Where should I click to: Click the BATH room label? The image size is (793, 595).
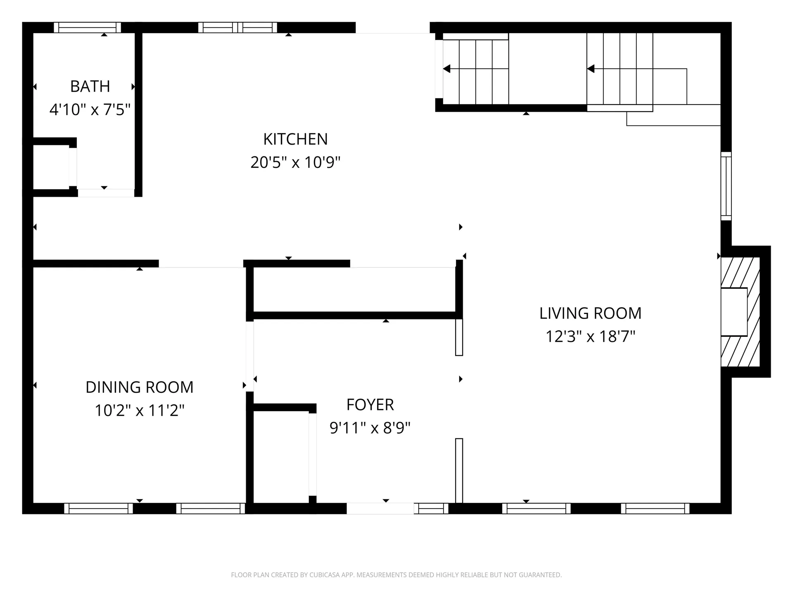90,87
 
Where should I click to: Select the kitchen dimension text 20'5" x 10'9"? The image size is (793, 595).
295,162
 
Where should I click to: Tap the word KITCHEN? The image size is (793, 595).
295,139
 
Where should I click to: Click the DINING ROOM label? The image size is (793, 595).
140,388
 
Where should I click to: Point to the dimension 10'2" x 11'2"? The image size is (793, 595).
140,411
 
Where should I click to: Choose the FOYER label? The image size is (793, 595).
370,405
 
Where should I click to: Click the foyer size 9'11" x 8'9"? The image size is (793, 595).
370,428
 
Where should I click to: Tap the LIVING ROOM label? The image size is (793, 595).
590,314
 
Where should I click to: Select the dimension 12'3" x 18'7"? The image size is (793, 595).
590,337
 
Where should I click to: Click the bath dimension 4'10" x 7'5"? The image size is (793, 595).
90,110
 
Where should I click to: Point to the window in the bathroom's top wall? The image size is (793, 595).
87,28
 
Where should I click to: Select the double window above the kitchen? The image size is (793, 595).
237,28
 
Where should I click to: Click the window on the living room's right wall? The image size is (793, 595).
726,186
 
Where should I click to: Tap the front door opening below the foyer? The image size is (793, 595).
380,508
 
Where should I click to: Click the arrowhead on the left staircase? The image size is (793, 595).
446,69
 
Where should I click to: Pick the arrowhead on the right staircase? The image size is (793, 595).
591,69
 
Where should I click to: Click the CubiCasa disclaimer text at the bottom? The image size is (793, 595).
396,575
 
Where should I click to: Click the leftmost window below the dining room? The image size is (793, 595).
98,508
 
